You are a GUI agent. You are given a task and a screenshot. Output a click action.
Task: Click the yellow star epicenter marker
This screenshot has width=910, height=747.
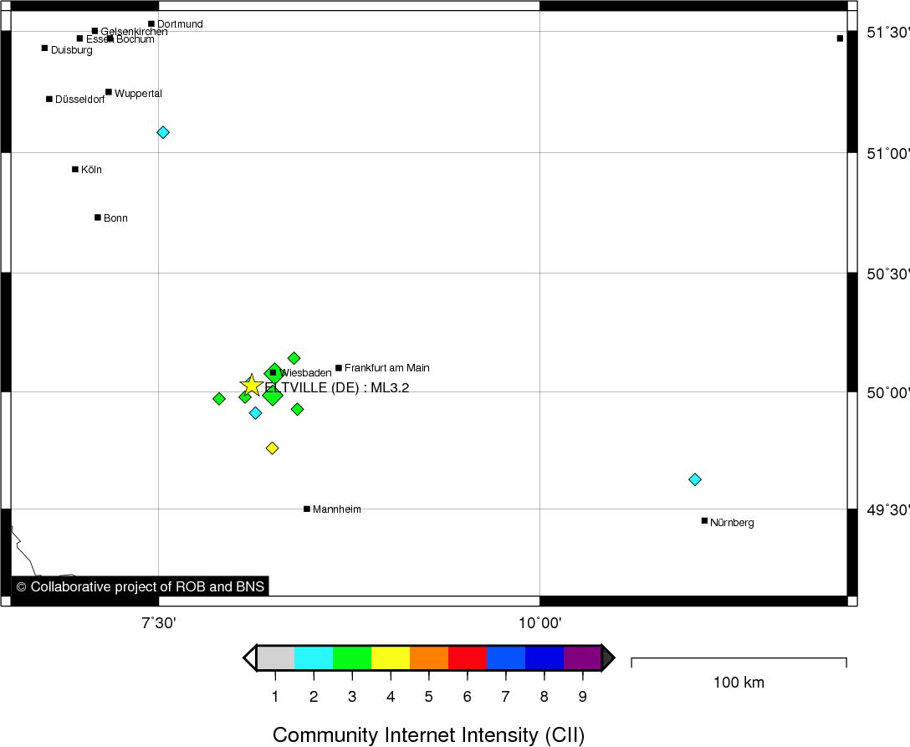[252, 386]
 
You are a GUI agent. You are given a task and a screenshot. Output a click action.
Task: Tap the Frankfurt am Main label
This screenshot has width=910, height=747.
[386, 368]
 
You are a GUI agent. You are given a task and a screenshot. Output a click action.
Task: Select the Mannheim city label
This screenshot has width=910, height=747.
[336, 509]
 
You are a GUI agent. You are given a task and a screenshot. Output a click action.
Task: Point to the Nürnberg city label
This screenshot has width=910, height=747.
[732, 523]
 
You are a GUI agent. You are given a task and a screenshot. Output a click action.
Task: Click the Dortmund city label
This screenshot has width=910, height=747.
[180, 24]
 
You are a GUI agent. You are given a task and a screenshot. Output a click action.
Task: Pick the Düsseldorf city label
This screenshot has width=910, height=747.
[79, 100]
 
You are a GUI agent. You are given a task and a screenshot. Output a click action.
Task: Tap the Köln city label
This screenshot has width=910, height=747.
[91, 170]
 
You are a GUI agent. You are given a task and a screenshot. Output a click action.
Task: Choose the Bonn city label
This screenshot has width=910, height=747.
[115, 218]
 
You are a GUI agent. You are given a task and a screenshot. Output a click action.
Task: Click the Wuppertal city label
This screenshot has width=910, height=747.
[138, 94]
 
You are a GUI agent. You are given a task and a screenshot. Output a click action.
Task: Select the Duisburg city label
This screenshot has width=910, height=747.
[71, 50]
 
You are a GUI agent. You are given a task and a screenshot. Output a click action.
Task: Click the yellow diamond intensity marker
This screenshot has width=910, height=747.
[272, 448]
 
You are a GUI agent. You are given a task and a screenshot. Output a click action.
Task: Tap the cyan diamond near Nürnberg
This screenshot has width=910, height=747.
[694, 479]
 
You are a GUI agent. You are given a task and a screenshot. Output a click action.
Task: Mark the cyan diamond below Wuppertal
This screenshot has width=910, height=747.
[163, 132]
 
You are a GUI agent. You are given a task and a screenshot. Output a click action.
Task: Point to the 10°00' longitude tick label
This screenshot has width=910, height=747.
[539, 623]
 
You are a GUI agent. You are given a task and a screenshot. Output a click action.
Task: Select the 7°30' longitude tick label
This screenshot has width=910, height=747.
[158, 623]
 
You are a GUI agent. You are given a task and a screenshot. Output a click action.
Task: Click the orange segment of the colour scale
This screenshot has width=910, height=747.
[429, 658]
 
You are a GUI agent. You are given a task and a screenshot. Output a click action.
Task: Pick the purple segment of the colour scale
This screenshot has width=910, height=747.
[582, 658]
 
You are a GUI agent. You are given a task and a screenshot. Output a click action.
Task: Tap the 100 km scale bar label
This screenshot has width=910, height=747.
[739, 683]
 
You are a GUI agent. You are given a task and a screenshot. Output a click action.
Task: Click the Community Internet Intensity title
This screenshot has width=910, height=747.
[428, 735]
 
